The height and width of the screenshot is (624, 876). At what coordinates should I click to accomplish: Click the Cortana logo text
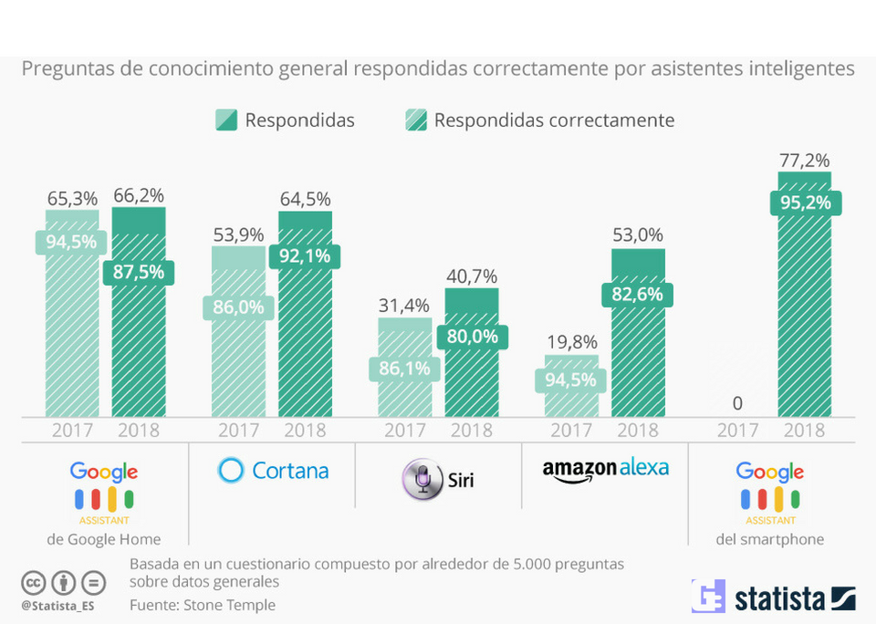click(290, 471)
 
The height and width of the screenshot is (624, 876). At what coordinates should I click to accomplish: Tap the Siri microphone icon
click(422, 480)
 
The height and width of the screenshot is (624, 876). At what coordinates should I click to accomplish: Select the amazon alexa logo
click(605, 469)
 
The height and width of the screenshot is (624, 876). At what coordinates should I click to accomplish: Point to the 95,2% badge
click(804, 203)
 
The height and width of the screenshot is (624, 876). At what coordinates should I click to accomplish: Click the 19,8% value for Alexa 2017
click(571, 342)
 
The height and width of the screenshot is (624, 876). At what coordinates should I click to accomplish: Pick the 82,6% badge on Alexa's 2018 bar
click(637, 295)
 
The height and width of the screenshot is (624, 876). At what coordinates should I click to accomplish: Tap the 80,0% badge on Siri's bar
click(472, 337)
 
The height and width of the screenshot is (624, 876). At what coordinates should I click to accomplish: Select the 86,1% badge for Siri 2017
click(405, 369)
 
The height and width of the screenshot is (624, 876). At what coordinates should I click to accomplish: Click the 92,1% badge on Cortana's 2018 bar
click(306, 257)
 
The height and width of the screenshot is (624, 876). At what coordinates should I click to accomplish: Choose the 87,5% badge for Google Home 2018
click(139, 273)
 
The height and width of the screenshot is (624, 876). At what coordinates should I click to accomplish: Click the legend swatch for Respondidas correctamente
click(415, 120)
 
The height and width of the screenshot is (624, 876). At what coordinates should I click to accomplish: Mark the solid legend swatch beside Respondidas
click(226, 120)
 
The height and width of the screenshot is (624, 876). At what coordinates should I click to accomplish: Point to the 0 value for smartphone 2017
click(737, 403)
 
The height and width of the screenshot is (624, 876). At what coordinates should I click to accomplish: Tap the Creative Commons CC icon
click(34, 582)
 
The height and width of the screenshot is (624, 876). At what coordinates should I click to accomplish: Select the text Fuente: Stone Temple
click(203, 604)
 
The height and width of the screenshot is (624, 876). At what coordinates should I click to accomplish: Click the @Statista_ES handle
click(58, 605)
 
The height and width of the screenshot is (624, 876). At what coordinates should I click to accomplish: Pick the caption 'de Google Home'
click(103, 539)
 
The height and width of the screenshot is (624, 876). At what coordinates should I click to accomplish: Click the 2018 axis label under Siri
click(472, 431)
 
